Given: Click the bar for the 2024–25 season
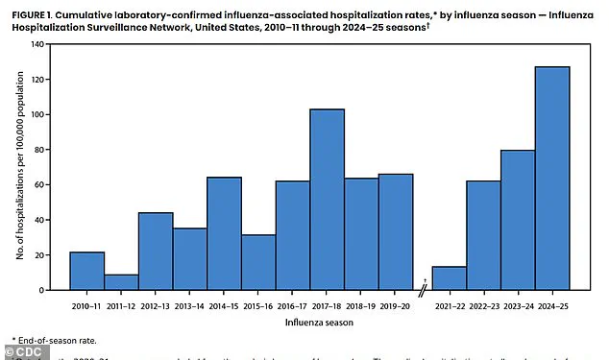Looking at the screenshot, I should [x=551, y=179].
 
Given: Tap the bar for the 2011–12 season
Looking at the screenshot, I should [x=121, y=282].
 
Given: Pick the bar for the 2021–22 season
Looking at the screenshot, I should [x=449, y=278].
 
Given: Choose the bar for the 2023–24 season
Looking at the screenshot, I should [x=517, y=220].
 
